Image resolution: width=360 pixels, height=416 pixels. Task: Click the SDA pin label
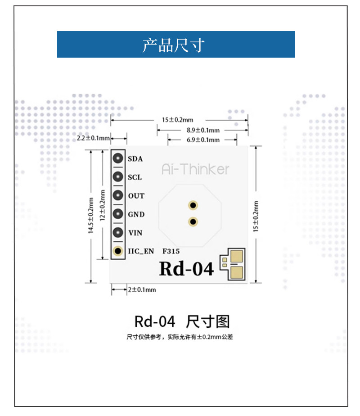point(135,158)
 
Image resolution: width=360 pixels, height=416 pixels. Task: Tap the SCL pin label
point(135,177)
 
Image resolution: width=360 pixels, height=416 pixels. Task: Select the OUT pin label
point(136,196)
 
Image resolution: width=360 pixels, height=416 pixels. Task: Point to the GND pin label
point(136,214)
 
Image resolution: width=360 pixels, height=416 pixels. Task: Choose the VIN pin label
point(135,233)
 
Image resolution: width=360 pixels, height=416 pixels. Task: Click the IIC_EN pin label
point(141,251)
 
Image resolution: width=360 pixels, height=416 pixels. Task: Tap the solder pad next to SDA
point(118,158)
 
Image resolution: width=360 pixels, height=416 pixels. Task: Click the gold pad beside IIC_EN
point(118,251)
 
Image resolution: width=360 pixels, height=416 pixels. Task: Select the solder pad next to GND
point(118,214)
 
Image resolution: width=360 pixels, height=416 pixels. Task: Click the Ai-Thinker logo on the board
point(195,169)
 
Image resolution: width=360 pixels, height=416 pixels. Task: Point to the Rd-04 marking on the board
point(186,268)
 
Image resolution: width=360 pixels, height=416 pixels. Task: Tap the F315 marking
point(171,251)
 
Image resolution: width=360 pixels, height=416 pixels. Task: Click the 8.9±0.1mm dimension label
point(203,130)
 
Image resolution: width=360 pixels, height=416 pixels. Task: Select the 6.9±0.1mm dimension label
point(203,140)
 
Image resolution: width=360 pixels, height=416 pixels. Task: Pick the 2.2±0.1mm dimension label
point(93,138)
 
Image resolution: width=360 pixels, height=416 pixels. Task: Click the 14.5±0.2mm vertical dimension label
point(91,215)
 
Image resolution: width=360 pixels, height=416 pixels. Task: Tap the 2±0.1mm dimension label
point(142,289)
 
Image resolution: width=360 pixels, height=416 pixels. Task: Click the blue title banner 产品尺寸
point(176,44)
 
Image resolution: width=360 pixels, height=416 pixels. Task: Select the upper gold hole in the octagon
point(193,205)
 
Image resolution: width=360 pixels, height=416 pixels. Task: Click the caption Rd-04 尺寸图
point(182,321)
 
